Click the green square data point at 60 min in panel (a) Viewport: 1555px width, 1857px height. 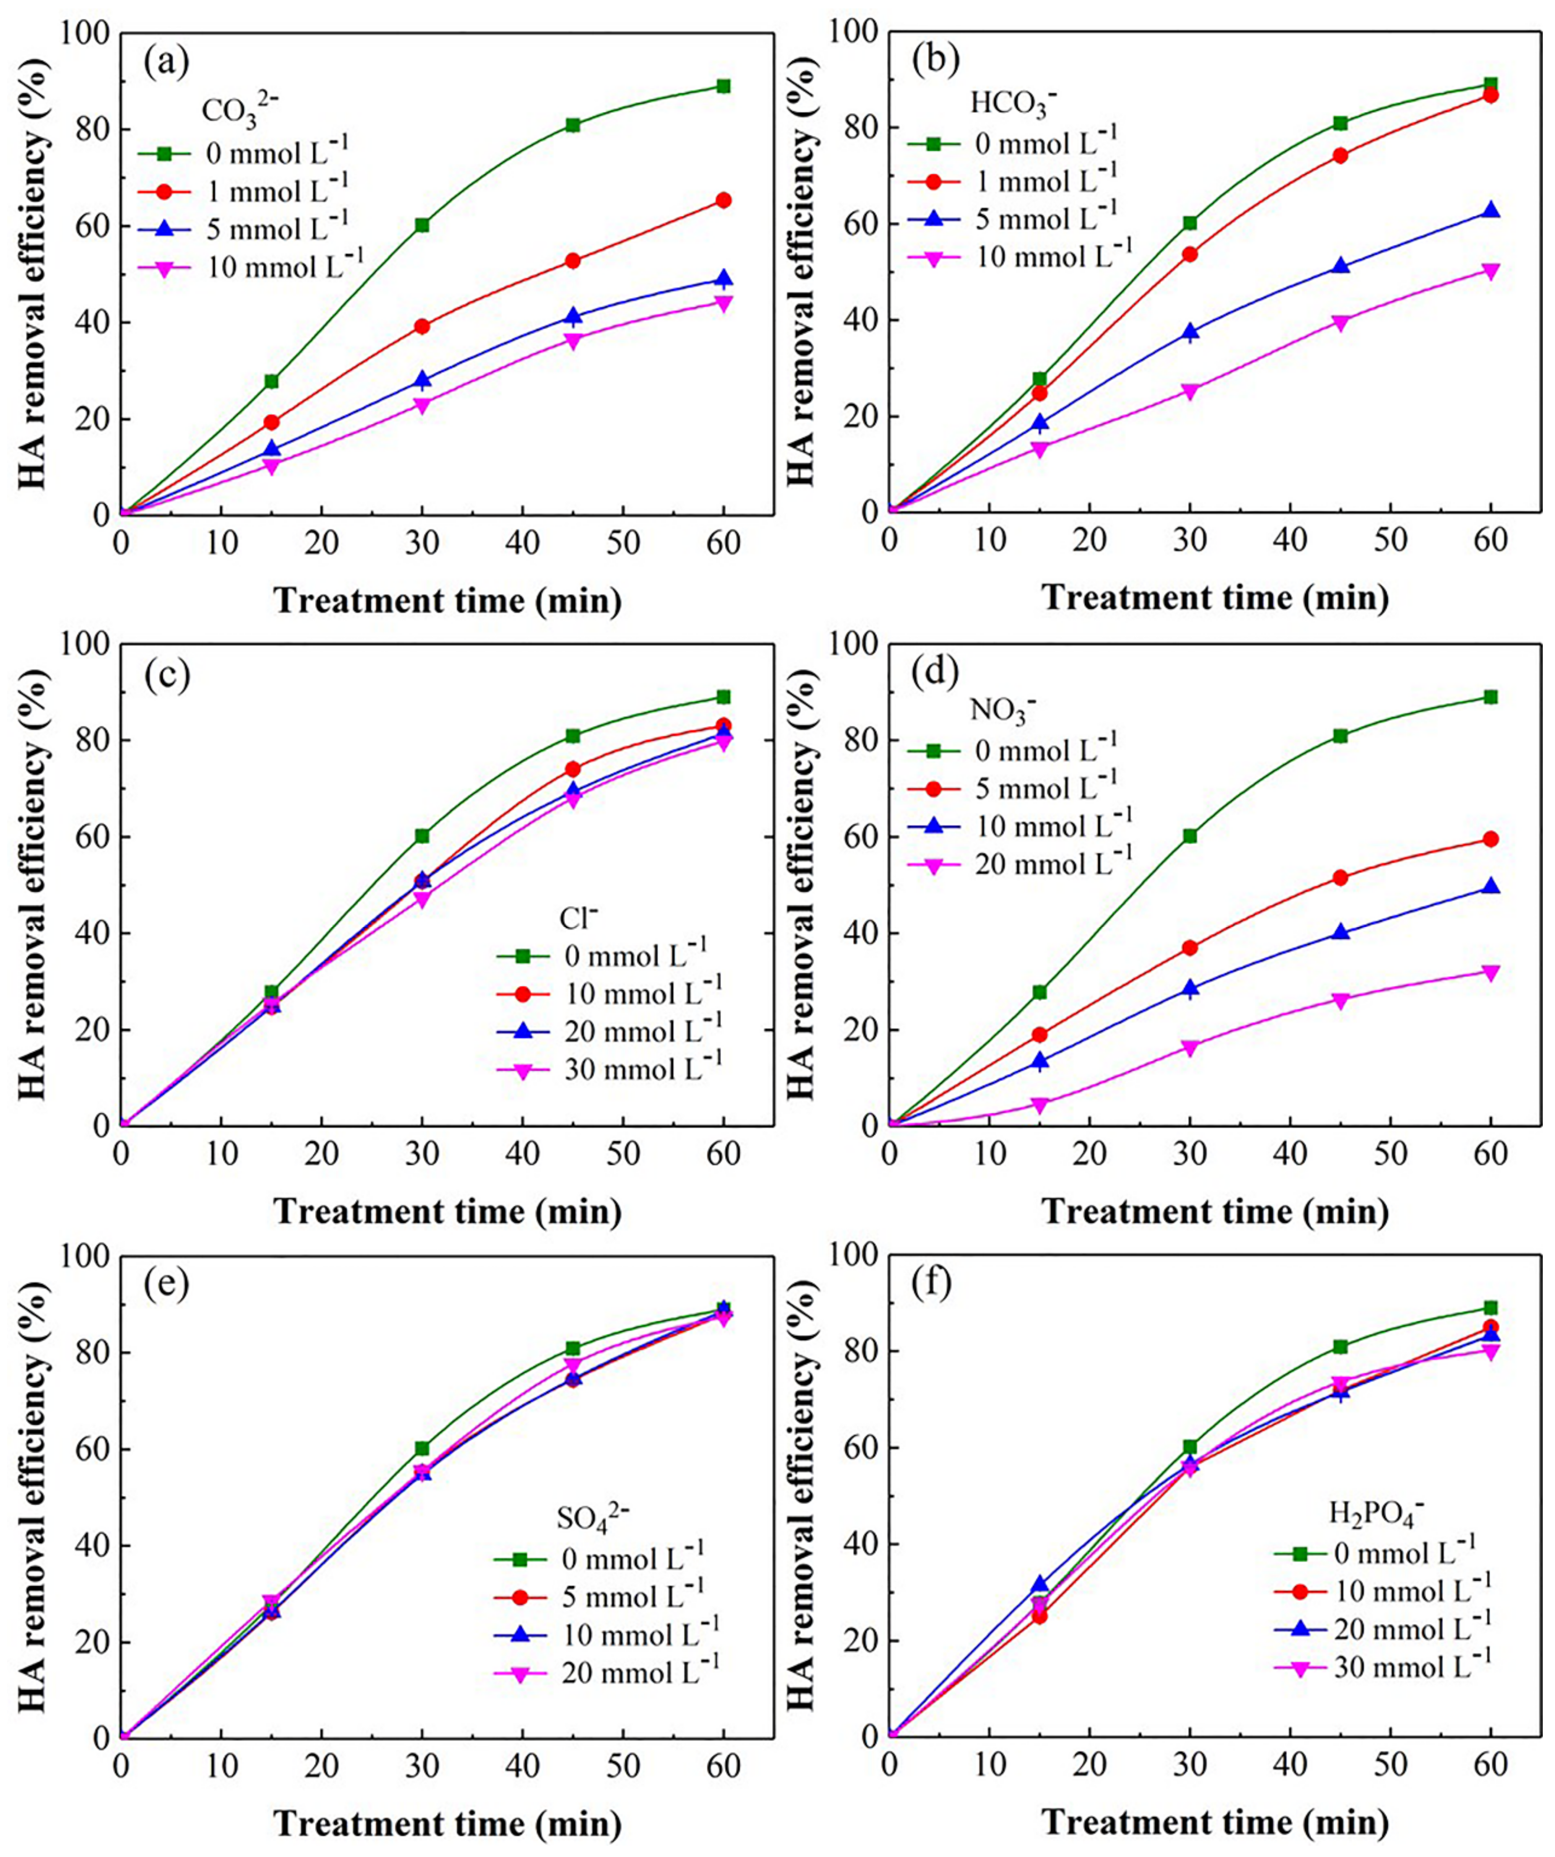724,86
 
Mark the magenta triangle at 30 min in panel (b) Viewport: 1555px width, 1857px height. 1190,391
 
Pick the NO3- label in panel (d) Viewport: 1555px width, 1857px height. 1002,710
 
